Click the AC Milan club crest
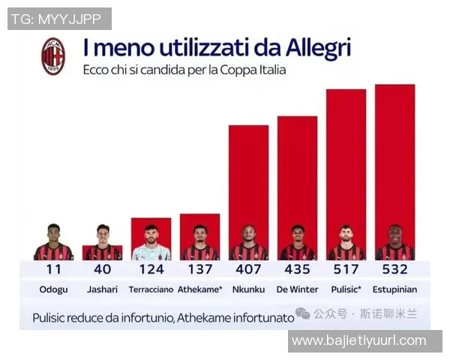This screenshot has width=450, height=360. (53, 56)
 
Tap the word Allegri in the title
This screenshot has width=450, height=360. (318, 49)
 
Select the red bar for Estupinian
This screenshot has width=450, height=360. (394, 157)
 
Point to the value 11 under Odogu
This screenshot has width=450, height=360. (53, 269)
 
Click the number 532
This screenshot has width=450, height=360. (394, 269)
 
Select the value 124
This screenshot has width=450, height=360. (151, 269)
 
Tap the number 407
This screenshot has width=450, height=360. (248, 269)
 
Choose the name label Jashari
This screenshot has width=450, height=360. (102, 289)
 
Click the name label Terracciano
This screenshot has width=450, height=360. (151, 289)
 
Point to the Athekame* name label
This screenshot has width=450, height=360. (199, 289)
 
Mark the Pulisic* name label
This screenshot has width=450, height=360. (346, 289)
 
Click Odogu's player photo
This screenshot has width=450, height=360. (53, 242)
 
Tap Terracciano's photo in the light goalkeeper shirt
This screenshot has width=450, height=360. (151, 242)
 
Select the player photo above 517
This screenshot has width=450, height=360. (346, 242)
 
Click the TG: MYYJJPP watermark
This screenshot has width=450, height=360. (59, 19)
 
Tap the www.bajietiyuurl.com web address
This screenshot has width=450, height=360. (358, 341)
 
